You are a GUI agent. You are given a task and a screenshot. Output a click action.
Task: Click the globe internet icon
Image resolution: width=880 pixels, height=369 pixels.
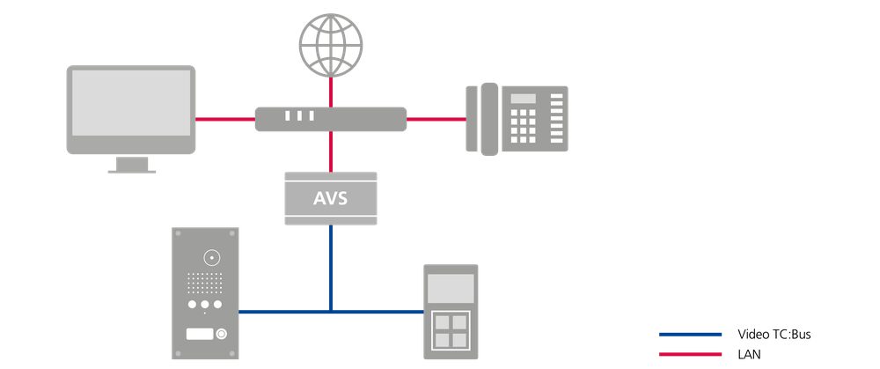[331, 45]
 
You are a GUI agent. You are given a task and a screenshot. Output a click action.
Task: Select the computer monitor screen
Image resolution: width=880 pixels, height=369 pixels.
[131, 102]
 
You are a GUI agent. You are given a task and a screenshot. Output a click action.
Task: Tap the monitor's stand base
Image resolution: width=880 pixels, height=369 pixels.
[132, 172]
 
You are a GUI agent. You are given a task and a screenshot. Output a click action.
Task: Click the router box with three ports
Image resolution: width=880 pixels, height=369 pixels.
[331, 119]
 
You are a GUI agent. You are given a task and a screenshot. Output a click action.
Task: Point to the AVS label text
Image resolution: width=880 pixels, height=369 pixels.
[331, 198]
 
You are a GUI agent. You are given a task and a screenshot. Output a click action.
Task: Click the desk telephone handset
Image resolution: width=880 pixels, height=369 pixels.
[489, 119]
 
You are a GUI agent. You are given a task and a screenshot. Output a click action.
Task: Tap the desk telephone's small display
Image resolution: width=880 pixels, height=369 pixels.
[523, 99]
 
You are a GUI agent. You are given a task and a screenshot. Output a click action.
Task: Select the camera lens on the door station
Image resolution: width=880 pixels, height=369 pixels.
[211, 258]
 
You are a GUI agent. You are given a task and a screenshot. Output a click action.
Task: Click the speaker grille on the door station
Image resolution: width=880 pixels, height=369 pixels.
[205, 283]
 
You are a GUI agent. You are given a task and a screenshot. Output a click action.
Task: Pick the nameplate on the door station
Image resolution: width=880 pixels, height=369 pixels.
[200, 334]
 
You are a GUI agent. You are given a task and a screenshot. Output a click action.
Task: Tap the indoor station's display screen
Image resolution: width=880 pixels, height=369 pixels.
[451, 289]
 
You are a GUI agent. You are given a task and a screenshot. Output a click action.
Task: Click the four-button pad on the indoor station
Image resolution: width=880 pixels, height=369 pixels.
[451, 331]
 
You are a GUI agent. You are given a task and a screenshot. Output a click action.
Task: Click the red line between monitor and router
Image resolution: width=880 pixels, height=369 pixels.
[225, 119]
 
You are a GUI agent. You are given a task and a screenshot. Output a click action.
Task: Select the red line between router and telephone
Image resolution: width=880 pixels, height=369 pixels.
[436, 119]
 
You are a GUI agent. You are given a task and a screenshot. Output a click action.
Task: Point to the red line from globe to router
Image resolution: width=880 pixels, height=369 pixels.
[331, 92]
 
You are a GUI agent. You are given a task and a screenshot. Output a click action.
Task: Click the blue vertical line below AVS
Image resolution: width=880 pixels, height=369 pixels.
[331, 268]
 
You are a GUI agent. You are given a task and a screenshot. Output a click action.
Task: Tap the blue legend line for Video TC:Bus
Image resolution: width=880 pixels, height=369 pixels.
[690, 335]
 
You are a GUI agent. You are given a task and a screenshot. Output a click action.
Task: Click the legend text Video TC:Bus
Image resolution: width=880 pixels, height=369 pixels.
[774, 335]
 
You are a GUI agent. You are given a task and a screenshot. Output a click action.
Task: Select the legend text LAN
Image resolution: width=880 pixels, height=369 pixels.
[749, 354]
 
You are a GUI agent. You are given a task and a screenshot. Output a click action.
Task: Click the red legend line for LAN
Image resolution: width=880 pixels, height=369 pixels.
[690, 354]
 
